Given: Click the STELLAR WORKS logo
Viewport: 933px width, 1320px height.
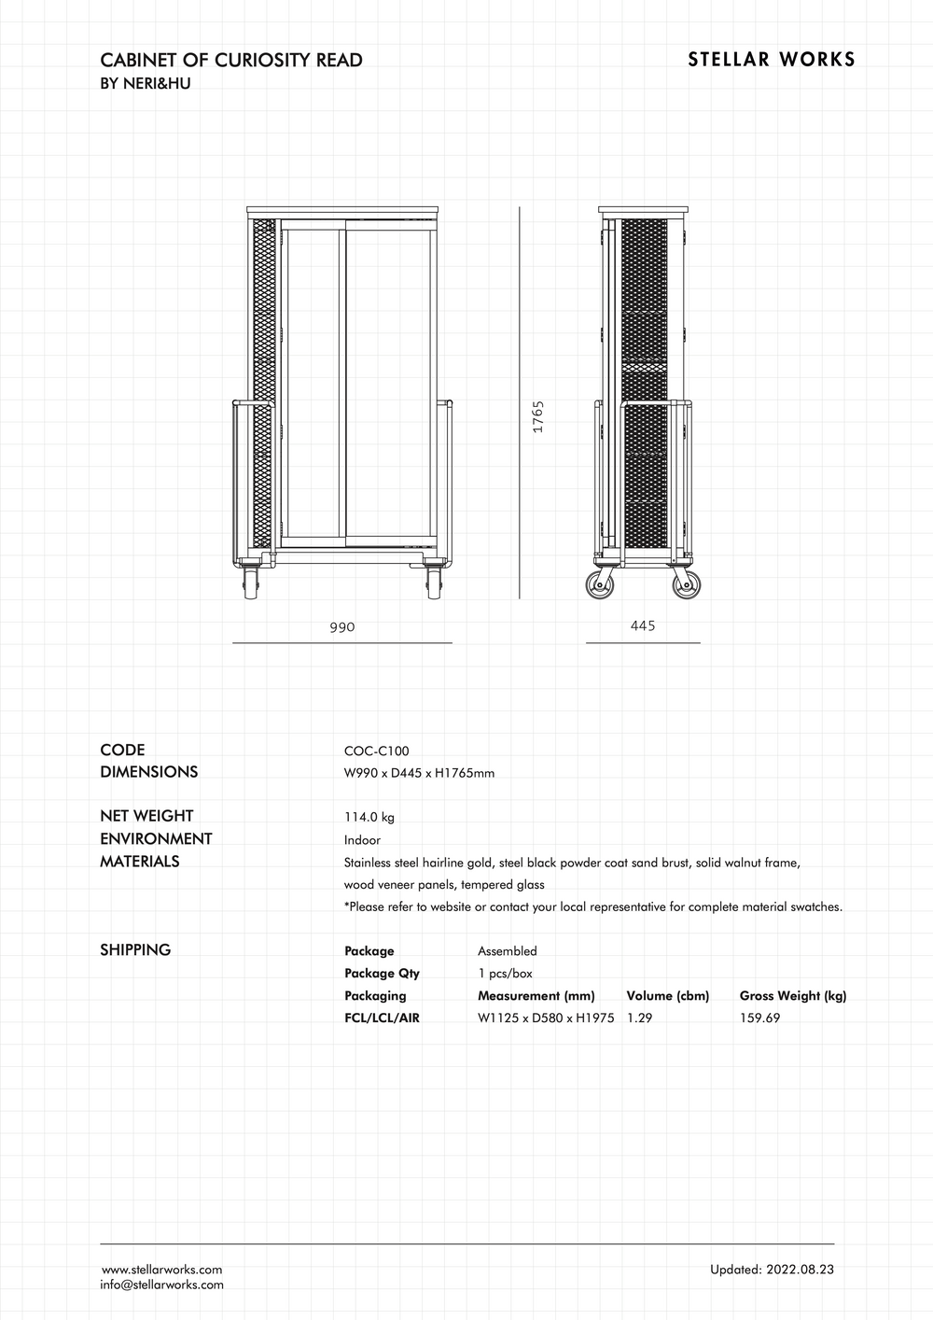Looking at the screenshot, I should pos(771,60).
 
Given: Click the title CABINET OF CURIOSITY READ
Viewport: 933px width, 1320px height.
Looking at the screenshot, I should pos(230,61).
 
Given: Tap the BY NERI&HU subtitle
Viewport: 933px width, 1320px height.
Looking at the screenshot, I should pos(146,84).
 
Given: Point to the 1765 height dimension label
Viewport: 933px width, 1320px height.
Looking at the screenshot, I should pos(538,416).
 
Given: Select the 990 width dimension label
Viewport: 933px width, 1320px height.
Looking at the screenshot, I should pos(342,627).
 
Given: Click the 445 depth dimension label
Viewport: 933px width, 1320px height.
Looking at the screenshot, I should pos(643,625).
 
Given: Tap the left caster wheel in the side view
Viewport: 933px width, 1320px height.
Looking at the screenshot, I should pos(600,585).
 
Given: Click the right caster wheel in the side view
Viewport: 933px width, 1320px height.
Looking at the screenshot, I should pos(687,585).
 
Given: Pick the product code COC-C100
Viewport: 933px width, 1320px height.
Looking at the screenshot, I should pos(376,751).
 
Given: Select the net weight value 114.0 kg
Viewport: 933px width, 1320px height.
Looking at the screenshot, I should pos(369,817).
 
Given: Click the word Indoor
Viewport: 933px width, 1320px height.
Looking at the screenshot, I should pos(362,840).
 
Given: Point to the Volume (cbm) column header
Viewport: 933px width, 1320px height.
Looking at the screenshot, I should pos(667,996).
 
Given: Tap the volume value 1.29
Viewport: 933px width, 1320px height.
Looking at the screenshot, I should pos(639,1018).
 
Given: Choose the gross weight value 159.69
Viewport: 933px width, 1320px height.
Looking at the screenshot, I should pos(759,1018).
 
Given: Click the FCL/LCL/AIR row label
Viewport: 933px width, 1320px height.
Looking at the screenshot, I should pos(382,1018).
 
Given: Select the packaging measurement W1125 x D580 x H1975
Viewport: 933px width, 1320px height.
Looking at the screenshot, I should pos(546,1018).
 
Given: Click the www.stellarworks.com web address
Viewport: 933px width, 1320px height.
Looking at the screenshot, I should pos(161,1270).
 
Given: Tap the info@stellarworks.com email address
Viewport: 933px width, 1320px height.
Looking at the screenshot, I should pos(161,1285).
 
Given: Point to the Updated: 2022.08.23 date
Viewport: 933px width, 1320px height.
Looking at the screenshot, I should pos(772,1270).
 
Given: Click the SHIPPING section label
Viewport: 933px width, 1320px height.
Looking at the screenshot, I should pos(135,950).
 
